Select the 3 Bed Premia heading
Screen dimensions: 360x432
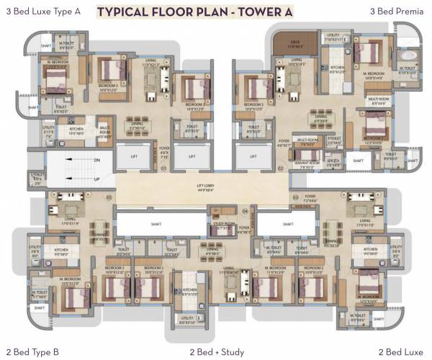pos(397,12)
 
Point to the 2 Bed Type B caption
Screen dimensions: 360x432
pos(30,352)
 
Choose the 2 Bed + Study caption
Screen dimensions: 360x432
pos(217,352)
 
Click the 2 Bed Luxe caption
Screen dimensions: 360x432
pos(402,352)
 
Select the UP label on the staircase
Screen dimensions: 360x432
pos(96,179)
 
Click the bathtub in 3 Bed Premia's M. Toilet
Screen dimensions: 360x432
pos(408,55)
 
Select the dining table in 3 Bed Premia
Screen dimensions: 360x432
pos(322,121)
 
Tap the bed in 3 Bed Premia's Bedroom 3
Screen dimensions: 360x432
pos(256,88)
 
